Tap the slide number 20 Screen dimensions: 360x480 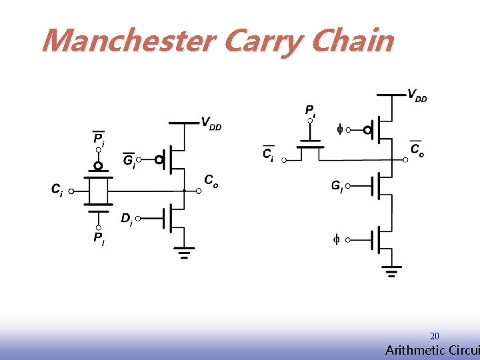tap(435, 337)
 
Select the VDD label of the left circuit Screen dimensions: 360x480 tap(211, 123)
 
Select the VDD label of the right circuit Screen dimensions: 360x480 tap(417, 95)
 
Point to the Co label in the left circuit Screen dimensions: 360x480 tap(211, 181)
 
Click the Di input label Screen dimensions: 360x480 tap(126, 219)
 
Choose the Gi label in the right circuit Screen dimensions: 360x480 tap(337, 187)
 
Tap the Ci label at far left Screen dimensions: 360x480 tap(57, 190)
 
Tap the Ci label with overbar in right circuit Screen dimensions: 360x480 tap(267, 155)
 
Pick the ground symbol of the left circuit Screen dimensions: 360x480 tap(183, 253)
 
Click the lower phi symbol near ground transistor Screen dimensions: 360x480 tap(337, 239)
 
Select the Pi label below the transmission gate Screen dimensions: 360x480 tap(98, 237)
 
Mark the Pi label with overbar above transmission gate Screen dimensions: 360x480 tap(98, 139)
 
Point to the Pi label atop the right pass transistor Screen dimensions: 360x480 tap(310, 111)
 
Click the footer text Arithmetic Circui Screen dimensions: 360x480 tap(432, 351)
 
